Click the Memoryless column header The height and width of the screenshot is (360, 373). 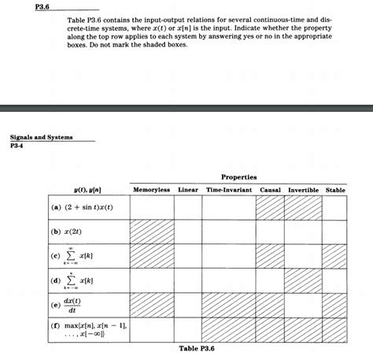(x=152, y=189)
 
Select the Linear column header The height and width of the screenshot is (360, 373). (x=188, y=189)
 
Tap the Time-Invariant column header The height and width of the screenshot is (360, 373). (x=228, y=189)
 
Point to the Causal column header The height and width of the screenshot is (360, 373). (x=270, y=189)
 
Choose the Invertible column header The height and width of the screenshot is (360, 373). (x=303, y=189)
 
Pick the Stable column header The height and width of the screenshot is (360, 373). (x=335, y=189)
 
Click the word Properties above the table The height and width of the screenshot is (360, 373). (x=238, y=177)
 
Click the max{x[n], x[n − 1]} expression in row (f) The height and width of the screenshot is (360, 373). (x=87, y=328)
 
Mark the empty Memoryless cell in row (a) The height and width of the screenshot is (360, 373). (x=152, y=209)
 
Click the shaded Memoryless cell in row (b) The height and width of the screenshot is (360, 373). (x=152, y=232)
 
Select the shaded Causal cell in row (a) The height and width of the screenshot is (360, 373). (x=270, y=209)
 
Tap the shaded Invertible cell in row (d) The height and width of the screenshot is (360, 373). (x=303, y=280)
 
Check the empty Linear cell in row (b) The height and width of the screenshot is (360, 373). (x=188, y=232)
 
